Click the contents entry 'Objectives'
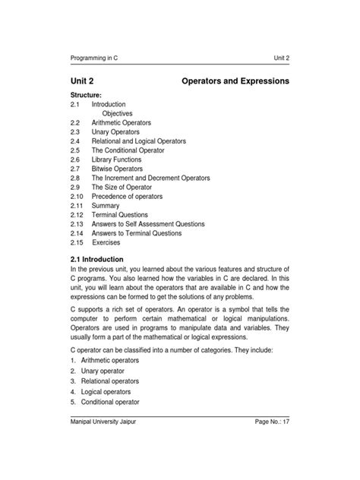tap(117, 113)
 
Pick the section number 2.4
tap(74, 141)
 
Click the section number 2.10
tap(76, 196)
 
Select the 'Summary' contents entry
tap(106, 205)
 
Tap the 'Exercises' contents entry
tap(106, 242)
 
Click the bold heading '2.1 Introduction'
tap(100, 261)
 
